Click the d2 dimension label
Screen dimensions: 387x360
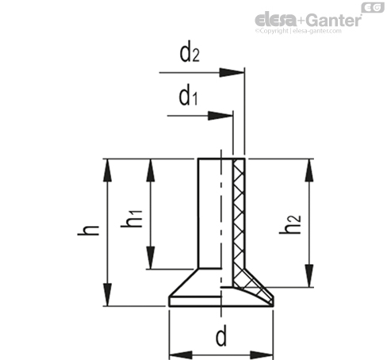point(190,54)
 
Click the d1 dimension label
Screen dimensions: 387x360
point(188,97)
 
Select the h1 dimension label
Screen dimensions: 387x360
point(132,219)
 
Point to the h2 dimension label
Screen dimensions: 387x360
point(290,224)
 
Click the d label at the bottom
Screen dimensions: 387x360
point(221,337)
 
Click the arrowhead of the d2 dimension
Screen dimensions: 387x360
point(232,72)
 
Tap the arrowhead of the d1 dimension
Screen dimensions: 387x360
point(220,116)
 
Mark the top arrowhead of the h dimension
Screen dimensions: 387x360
point(107,170)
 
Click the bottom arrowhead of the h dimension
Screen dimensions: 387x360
point(107,294)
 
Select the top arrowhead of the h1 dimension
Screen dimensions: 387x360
point(151,170)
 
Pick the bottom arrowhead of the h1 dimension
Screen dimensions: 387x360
point(151,258)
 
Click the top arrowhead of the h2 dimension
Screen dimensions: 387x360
point(309,170)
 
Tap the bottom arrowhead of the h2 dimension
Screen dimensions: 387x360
point(309,276)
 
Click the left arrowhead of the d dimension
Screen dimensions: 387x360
point(181,355)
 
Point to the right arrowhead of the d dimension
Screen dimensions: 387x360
point(262,355)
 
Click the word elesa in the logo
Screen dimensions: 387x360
point(276,21)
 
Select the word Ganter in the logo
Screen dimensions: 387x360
point(335,21)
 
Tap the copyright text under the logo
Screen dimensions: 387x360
point(298,31)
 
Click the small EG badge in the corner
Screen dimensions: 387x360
point(373,7)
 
